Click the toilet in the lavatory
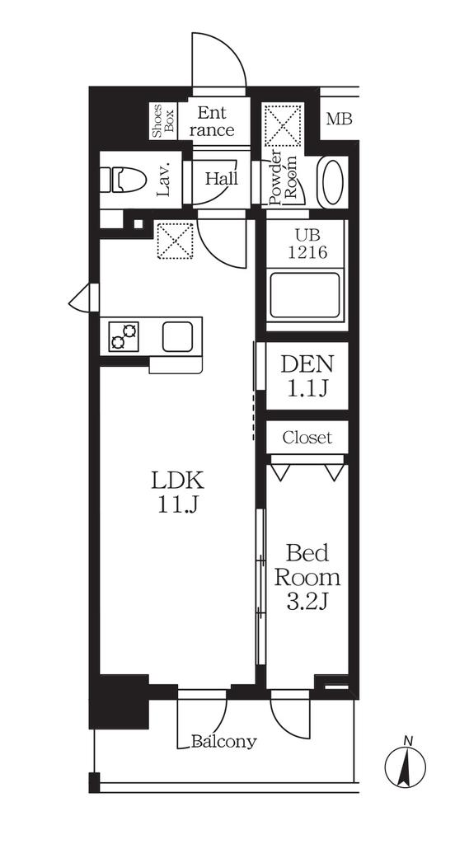124,179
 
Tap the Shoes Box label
163,121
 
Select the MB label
340,119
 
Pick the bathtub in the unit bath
306,295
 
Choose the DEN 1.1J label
307,375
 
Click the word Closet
307,437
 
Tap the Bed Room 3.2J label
307,578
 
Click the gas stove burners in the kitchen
124,336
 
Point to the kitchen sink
178,336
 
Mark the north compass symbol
406,762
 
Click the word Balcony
224,742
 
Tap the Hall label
221,178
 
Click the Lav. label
164,179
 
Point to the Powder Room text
284,179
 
